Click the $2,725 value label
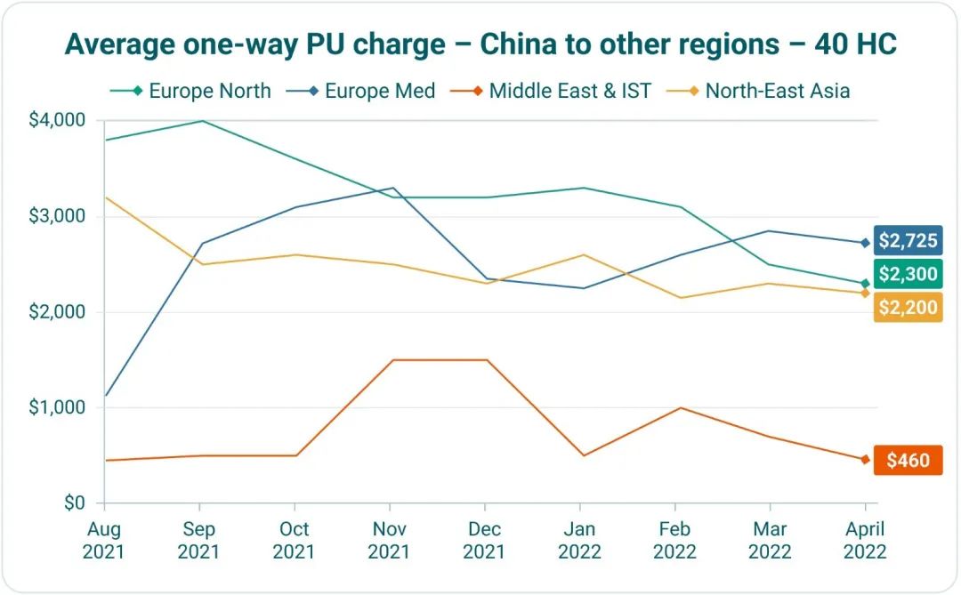(x=908, y=241)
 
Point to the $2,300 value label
(x=908, y=274)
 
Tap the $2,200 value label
(x=908, y=307)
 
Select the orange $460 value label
(x=908, y=461)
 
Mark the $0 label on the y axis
(x=76, y=503)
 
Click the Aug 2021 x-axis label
(x=104, y=540)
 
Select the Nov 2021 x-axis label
(x=389, y=540)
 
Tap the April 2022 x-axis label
(x=865, y=540)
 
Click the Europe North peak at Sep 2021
(x=201, y=121)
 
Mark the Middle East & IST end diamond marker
(x=865, y=460)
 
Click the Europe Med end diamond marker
(x=865, y=242)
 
